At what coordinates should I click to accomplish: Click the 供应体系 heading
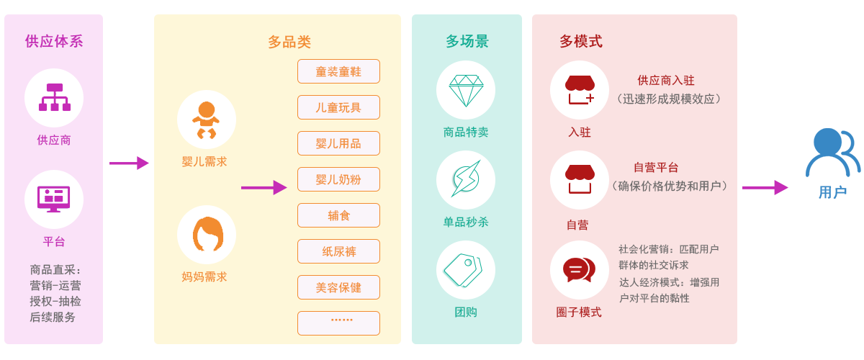[x=54, y=41]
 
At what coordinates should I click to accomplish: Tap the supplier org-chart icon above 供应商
[x=54, y=97]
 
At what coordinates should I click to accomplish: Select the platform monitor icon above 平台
[x=54, y=199]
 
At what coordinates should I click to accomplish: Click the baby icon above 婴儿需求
[x=206, y=120]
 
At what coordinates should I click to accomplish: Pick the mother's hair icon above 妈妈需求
[x=206, y=234]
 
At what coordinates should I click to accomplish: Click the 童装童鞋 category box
[x=338, y=71]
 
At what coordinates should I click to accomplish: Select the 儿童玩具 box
[x=338, y=107]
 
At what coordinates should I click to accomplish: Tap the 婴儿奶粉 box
[x=338, y=179]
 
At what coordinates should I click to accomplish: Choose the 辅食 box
[x=338, y=215]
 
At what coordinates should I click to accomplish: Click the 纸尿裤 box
[x=338, y=251]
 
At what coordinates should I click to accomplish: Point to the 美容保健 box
[x=338, y=287]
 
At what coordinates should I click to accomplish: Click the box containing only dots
[x=338, y=323]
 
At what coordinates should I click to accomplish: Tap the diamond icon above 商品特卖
[x=466, y=90]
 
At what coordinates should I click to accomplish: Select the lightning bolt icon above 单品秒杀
[x=466, y=179]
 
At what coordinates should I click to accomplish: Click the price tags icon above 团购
[x=465, y=269]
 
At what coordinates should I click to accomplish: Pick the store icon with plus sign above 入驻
[x=580, y=90]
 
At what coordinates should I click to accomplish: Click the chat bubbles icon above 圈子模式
[x=579, y=270]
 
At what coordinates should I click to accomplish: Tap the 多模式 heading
[x=580, y=41]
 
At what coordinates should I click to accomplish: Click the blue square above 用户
[x=833, y=153]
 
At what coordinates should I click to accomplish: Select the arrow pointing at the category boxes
[x=264, y=188]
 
